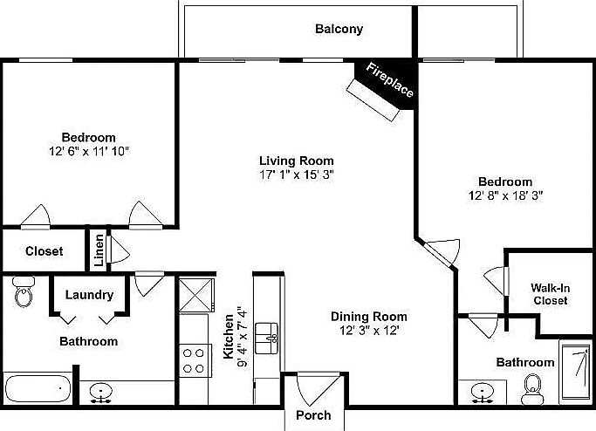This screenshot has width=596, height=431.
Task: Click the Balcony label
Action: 339,29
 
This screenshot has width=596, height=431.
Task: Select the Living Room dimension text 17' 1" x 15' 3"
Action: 297,174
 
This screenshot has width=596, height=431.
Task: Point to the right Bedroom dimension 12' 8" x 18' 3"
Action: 505,195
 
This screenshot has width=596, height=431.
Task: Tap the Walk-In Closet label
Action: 551,294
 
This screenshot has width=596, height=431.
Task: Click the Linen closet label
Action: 99,250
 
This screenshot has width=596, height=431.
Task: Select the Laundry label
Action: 88,295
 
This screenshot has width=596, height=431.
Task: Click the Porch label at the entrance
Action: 313,414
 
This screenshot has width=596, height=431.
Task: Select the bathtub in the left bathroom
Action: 38,387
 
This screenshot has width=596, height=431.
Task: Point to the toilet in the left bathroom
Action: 23,294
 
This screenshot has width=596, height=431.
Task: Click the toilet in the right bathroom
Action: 531,389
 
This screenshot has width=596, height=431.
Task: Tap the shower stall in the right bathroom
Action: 575,373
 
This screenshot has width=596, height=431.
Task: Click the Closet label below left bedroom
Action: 44,251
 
